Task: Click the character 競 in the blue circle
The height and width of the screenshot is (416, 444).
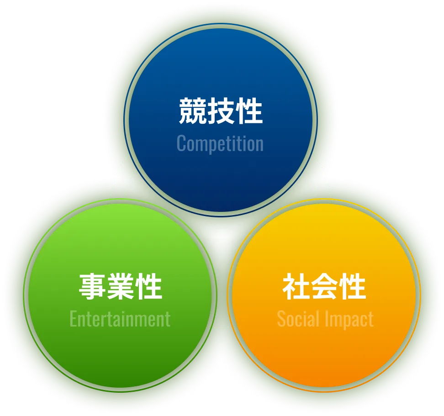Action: [192, 111]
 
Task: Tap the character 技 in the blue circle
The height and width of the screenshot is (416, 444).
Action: [221, 111]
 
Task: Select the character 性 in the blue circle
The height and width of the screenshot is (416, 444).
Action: [249, 111]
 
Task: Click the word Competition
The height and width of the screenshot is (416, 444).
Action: [220, 143]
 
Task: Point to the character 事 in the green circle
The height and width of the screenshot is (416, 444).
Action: [93, 286]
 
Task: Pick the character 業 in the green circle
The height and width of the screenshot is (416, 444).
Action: [121, 286]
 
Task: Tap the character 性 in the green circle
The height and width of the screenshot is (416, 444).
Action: [149, 286]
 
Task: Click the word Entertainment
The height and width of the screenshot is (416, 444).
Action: [120, 318]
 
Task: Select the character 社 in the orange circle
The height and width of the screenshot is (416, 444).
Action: [296, 286]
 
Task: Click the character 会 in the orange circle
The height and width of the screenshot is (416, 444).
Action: [325, 286]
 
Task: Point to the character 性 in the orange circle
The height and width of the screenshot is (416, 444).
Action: [353, 286]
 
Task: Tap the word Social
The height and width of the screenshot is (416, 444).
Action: [298, 319]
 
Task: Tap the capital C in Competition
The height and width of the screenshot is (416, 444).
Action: [181, 143]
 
